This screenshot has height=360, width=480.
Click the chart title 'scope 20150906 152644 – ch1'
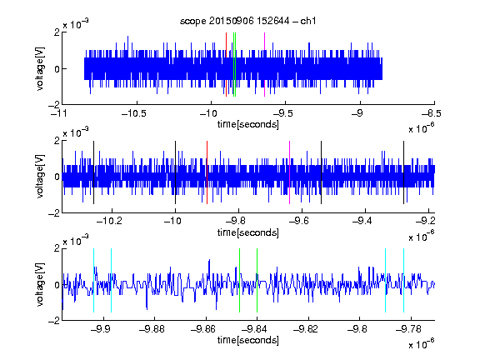tap(248, 21)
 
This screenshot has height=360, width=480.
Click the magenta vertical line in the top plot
tap(264, 64)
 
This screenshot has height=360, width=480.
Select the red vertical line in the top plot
tap(226, 64)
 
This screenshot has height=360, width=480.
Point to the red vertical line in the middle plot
tap(207, 172)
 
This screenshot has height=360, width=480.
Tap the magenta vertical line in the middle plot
tap(290, 172)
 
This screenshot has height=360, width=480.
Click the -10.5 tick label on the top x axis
tap(133, 113)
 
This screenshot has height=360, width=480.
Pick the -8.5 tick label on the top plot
tap(432, 113)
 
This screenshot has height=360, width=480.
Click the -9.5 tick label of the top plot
tap(282, 113)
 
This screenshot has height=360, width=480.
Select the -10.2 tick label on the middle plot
tap(109, 221)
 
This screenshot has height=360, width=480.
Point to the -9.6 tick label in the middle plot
tap(299, 221)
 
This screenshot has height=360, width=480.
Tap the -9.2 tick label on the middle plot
tap(426, 221)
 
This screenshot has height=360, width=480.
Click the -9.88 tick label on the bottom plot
tap(152, 329)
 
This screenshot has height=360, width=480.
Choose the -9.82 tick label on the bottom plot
tap(306, 329)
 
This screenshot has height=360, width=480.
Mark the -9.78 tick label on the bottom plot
tap(408, 329)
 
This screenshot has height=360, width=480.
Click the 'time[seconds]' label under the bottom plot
tap(248, 340)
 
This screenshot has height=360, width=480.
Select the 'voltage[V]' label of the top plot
tap(40, 68)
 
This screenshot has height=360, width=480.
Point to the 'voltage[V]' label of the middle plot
tap(40, 177)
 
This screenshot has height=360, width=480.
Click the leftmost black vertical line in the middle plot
tap(93, 172)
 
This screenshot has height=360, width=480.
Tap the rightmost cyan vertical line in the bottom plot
tap(403, 280)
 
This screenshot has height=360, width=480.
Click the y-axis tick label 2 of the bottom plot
tap(57, 248)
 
